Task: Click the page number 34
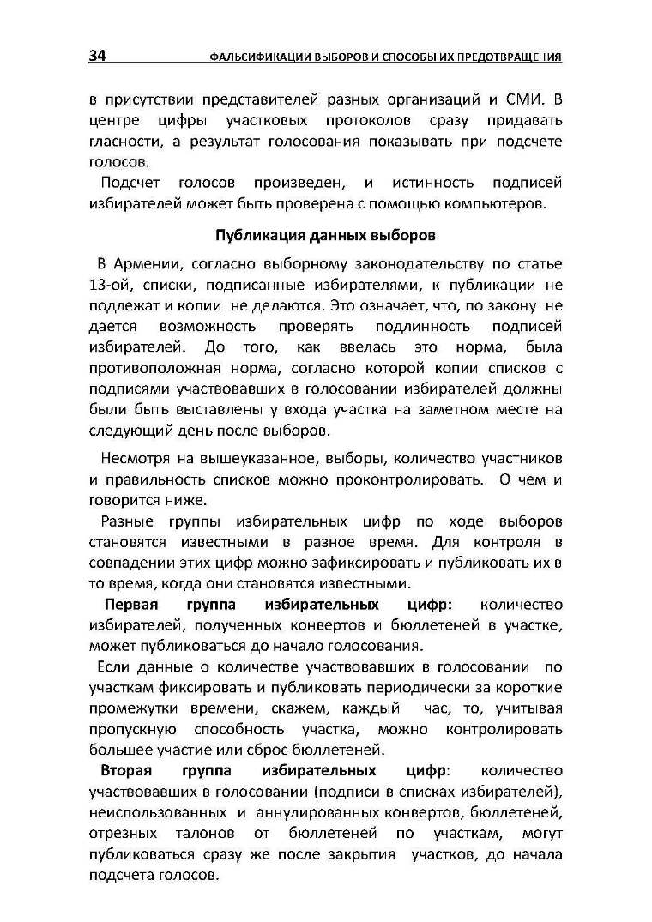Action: pos(97,57)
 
